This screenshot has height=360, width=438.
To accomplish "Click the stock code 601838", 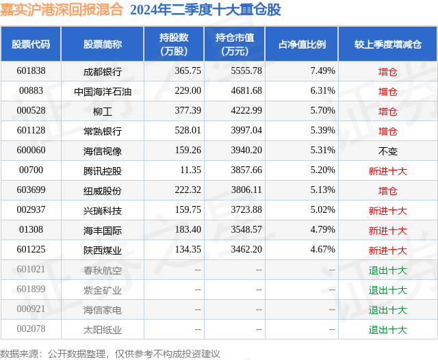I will click(31, 70).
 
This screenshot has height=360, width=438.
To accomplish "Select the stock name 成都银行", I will click(102, 70).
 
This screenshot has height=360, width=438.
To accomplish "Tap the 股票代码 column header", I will click(31, 44).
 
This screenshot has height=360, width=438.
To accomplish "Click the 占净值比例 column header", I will click(302, 44).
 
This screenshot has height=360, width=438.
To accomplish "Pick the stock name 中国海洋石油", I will click(102, 90).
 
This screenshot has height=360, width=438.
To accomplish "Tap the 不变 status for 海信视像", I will click(388, 151).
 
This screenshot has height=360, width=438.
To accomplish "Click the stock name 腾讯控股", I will click(102, 170).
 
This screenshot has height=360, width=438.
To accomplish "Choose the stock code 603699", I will click(31, 190).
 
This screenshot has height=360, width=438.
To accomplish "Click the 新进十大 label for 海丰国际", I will click(388, 231).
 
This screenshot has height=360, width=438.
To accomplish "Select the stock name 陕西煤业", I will click(102, 250).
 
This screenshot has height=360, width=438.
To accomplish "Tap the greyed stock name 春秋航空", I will click(102, 270).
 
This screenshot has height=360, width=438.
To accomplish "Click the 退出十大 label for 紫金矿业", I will click(388, 290).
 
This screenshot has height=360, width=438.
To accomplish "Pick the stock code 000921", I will click(31, 310).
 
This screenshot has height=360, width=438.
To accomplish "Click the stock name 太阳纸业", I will click(102, 330).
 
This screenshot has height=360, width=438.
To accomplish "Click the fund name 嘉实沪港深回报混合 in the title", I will click(62, 10).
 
